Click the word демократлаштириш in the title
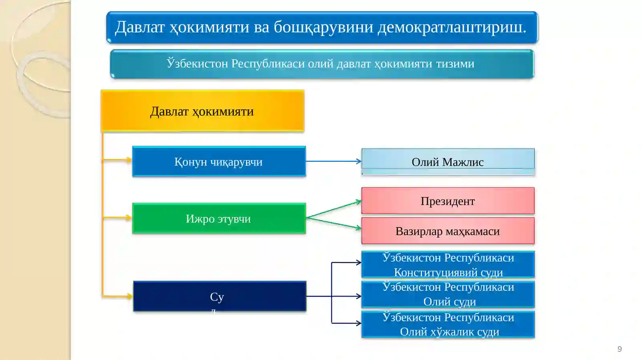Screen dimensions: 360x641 pyautogui.click(x=452, y=27)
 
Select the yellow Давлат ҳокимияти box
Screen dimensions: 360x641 pyautogui.click(x=202, y=111)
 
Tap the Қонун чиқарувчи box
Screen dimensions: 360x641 pyautogui.click(x=219, y=161)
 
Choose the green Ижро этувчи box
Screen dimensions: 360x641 pyautogui.click(x=219, y=218)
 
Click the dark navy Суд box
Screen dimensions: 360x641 pyautogui.click(x=220, y=296)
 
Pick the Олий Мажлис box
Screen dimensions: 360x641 pyautogui.click(x=447, y=161)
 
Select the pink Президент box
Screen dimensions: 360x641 pyautogui.click(x=447, y=201)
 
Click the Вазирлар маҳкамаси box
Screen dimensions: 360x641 pyautogui.click(x=447, y=231)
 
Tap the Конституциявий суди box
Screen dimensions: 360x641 pyautogui.click(x=448, y=265)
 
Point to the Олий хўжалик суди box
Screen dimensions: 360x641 pyautogui.click(x=448, y=325)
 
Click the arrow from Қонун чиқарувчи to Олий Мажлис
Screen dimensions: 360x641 pyautogui.click(x=333, y=161)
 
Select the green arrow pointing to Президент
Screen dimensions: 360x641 pyautogui.click(x=333, y=209)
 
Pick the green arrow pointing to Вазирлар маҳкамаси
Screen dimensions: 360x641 pyautogui.click(x=333, y=223)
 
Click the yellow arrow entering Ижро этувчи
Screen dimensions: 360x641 pyautogui.click(x=117, y=218)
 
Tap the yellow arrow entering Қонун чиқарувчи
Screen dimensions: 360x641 pyautogui.click(x=117, y=160)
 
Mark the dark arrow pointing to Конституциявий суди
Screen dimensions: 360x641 pyautogui.click(x=346, y=263)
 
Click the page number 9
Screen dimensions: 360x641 pyautogui.click(x=619, y=349)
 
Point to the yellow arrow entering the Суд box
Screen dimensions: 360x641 pyautogui.click(x=117, y=296)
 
